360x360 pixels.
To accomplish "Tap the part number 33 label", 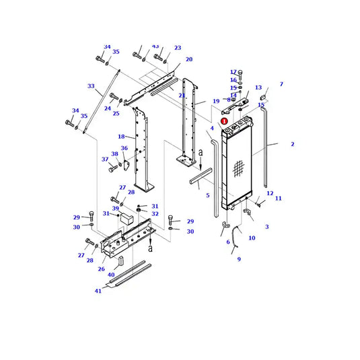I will click(x=91, y=86).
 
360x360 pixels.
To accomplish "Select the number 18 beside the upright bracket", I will click(x=121, y=137).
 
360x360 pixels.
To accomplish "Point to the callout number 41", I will click(x=98, y=291).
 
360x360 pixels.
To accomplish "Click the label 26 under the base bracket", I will click(x=101, y=269).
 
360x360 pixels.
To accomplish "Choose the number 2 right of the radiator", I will click(x=292, y=144).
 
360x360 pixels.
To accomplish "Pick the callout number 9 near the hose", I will click(x=238, y=259).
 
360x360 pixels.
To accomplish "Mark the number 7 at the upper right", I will click(x=281, y=84).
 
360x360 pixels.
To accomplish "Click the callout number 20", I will click(x=189, y=59).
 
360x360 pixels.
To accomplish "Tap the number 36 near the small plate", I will click(x=124, y=148).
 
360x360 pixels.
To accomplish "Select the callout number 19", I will click(x=216, y=102).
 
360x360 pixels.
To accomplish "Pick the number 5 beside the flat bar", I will click(x=207, y=195).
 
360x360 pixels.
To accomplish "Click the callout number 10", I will click(x=252, y=238).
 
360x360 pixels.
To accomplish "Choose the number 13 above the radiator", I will click(x=258, y=87).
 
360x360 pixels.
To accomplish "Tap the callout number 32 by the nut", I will click(x=155, y=214).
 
